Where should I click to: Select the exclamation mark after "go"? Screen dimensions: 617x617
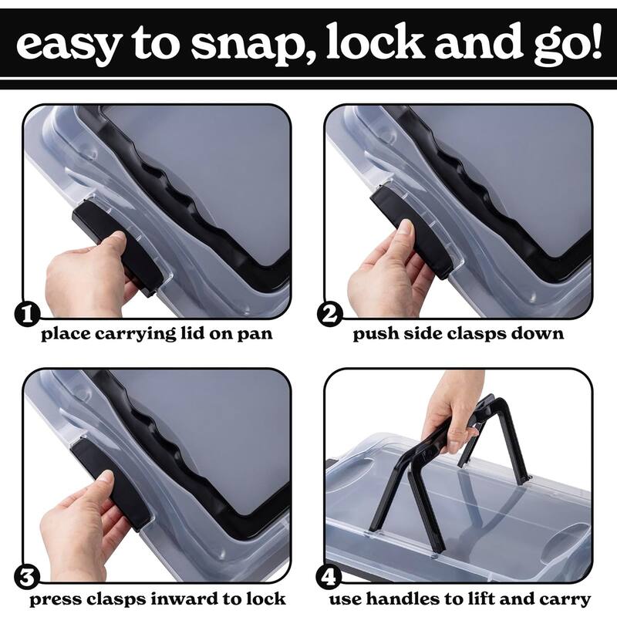click(595, 42)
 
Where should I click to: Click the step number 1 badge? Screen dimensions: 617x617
click(27, 315)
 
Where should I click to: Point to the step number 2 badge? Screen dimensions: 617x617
click(329, 315)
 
